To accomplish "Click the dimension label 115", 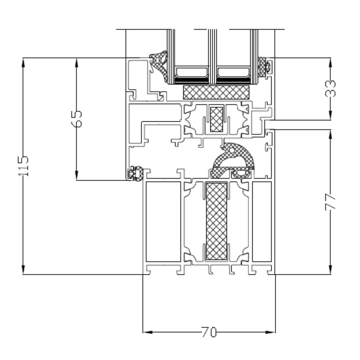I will pos(24,166).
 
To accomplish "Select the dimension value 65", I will pos(77,118).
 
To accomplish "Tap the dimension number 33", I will pos(330,88).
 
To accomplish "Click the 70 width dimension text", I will pos(209,332).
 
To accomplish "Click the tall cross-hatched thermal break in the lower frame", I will pos(217,221).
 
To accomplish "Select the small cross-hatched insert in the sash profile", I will pos(217,119).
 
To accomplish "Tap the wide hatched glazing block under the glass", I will pos(217,92).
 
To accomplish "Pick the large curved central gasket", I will pos(233,158).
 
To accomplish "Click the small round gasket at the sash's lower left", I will pos(136,173).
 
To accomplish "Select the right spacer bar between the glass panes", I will pos(233,72).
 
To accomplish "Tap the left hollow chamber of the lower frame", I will pos(163,222).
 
